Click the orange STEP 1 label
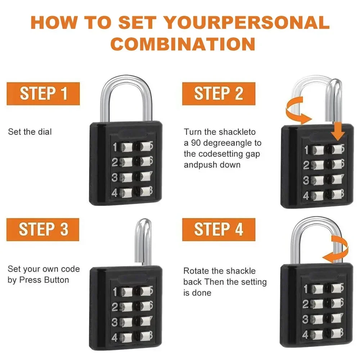point(43,94)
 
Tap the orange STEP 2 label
point(219,94)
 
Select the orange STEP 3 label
point(43,230)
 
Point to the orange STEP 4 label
point(219,230)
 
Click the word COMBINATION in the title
point(183,44)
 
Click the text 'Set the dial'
point(30,132)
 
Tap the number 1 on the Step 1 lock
point(115,147)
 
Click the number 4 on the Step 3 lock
point(114,338)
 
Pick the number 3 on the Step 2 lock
point(306,180)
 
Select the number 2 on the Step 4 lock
point(306,304)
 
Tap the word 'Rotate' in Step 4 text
point(194,271)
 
